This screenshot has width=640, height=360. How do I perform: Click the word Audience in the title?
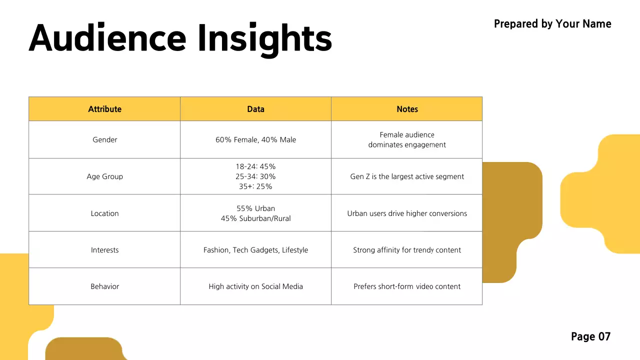click(107, 38)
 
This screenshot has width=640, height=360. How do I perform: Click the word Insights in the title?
click(264, 39)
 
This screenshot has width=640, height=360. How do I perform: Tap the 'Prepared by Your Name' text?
click(552, 24)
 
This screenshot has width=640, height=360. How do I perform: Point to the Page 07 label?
click(590, 336)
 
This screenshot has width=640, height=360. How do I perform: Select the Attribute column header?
click(104, 109)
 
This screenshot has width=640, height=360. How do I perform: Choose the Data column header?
click(255, 109)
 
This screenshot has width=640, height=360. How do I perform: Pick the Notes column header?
click(407, 109)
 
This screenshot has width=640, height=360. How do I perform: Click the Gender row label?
click(104, 140)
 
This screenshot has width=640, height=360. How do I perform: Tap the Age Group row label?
click(104, 176)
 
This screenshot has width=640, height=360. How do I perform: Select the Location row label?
click(104, 213)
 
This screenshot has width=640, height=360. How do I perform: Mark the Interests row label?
click(104, 250)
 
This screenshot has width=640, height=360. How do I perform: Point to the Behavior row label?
click(104, 286)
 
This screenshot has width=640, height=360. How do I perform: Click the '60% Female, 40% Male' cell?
click(255, 140)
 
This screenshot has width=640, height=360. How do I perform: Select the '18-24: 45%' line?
click(255, 166)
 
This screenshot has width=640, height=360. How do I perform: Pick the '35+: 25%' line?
click(255, 186)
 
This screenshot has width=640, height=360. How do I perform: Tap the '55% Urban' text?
click(255, 208)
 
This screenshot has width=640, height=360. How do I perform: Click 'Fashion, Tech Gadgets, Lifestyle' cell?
click(255, 250)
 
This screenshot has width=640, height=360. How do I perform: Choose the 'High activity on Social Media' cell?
click(255, 286)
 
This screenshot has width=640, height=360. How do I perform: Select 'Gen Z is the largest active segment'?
click(407, 176)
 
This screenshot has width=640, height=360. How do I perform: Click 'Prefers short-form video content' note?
click(407, 286)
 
